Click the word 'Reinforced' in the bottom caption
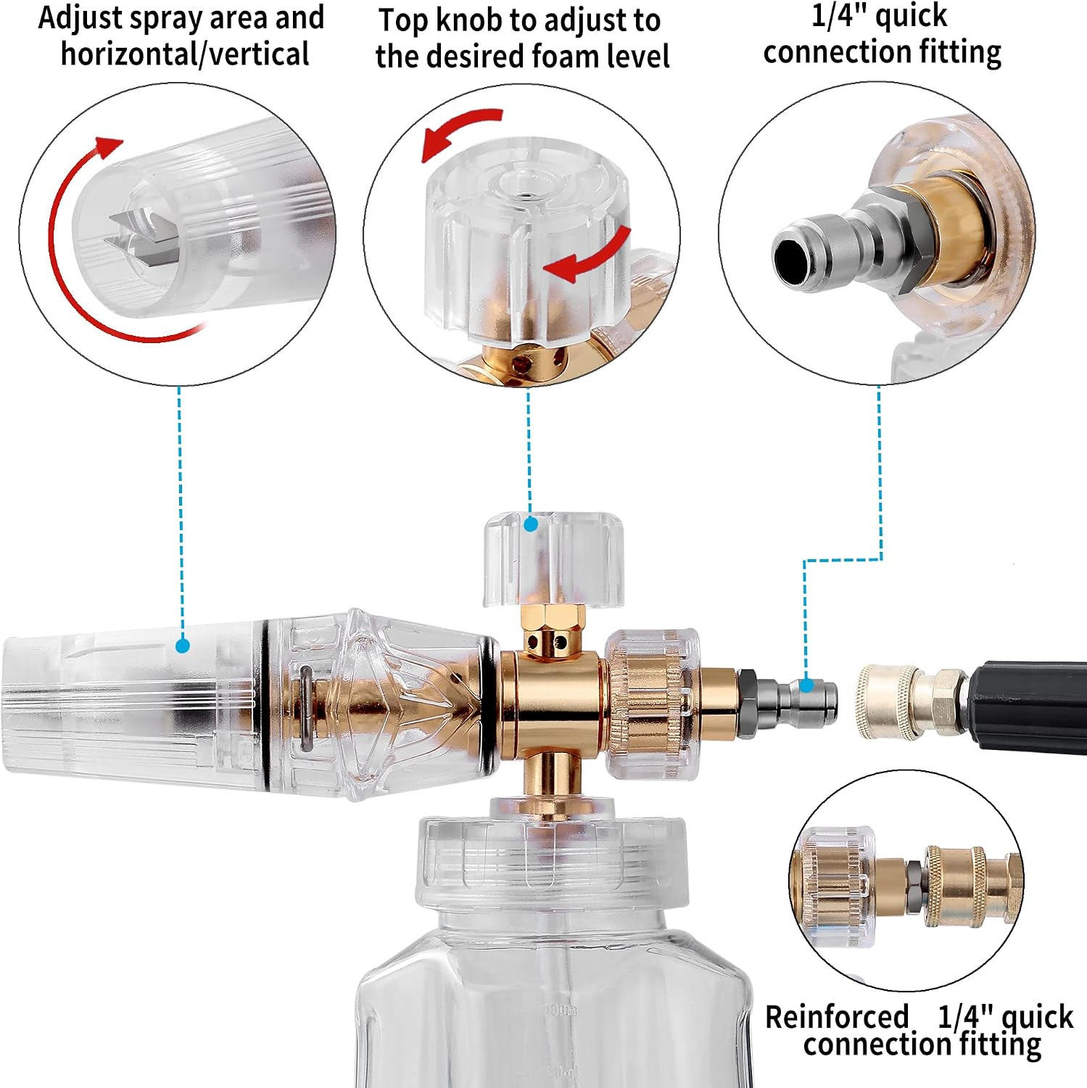pyautogui.click(x=837, y=1017)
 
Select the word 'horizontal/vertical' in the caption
pyautogui.click(x=185, y=54)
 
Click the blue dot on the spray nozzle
pyautogui.click(x=183, y=645)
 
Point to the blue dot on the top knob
pyautogui.click(x=531, y=524)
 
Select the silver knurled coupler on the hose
pyautogui.click(x=888, y=701)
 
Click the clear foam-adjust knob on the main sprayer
pyautogui.click(x=553, y=559)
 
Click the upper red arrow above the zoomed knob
pyautogui.click(x=461, y=131)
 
